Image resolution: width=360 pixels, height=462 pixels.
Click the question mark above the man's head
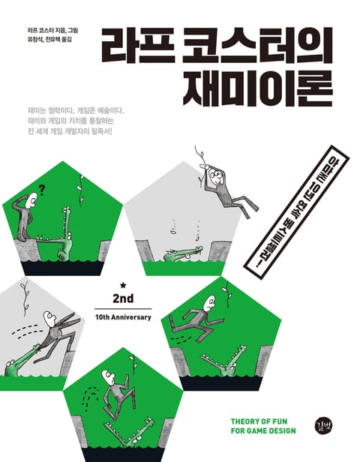point(41,190)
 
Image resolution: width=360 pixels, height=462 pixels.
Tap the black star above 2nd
point(123,285)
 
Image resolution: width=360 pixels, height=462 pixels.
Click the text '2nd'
point(123,298)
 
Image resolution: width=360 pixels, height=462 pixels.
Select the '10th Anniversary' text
point(123,317)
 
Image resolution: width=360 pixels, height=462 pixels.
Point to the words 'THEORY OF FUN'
point(259,421)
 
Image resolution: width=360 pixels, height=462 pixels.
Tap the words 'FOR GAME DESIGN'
point(263,430)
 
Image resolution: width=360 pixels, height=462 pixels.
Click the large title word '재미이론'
point(258,88)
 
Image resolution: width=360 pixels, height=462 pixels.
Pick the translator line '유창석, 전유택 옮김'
point(49,39)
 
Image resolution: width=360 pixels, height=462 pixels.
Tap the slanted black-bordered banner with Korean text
point(296,206)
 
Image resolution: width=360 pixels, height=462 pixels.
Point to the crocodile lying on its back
point(184,253)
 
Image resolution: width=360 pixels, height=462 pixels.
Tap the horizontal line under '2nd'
point(123,309)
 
